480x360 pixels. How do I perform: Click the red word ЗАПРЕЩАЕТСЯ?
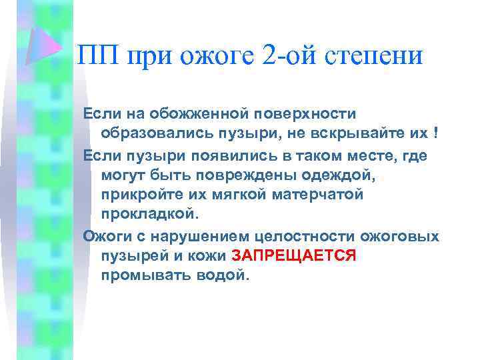[x=294, y=255]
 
